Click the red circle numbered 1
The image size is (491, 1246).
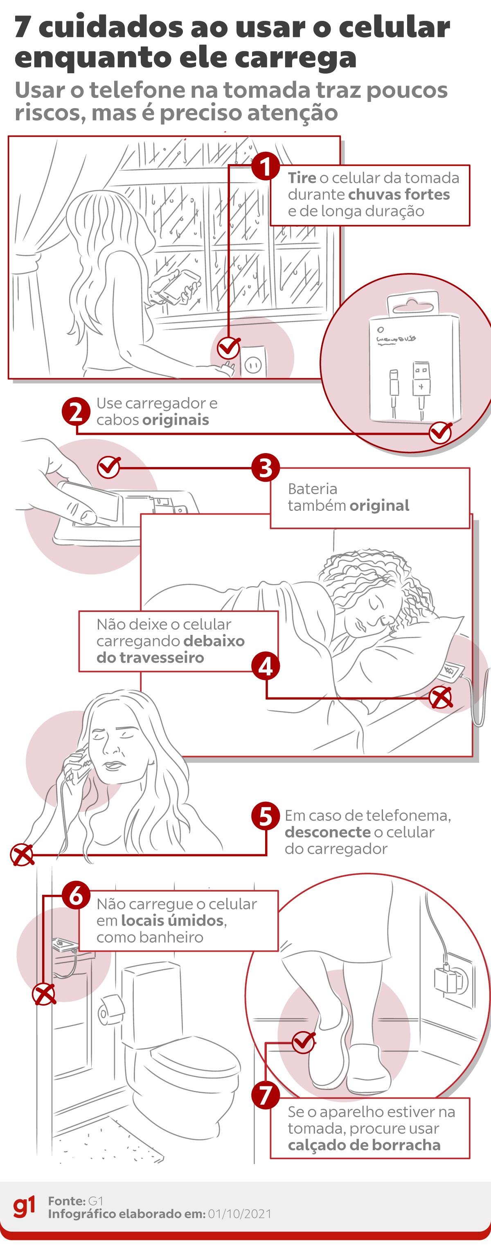[x=265, y=166]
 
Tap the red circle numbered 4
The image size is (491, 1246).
[x=265, y=666]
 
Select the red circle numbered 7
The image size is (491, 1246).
[x=265, y=1095]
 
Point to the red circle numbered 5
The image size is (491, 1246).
[x=265, y=816]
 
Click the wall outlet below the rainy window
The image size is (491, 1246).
[x=253, y=364]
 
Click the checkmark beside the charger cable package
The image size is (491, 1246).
[x=440, y=432]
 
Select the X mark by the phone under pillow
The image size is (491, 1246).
[x=441, y=697]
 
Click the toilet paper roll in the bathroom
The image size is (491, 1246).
[x=110, y=1009]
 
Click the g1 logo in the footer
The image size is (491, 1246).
[x=24, y=1206]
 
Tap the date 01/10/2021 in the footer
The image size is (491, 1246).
[x=240, y=1214]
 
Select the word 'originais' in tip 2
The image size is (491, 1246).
[x=175, y=420]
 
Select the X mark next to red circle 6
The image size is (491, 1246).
[x=44, y=995]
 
